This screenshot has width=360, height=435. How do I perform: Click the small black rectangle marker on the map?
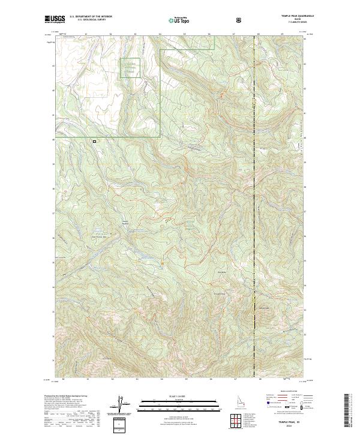94,142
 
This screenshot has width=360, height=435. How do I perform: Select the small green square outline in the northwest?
130,68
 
